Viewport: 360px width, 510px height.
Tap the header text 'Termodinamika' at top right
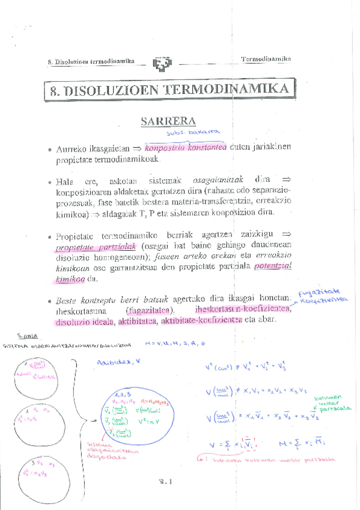point(266,59)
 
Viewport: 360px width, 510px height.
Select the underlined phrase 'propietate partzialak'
point(97,248)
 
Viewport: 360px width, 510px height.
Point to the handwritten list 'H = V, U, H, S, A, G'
point(175,344)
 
